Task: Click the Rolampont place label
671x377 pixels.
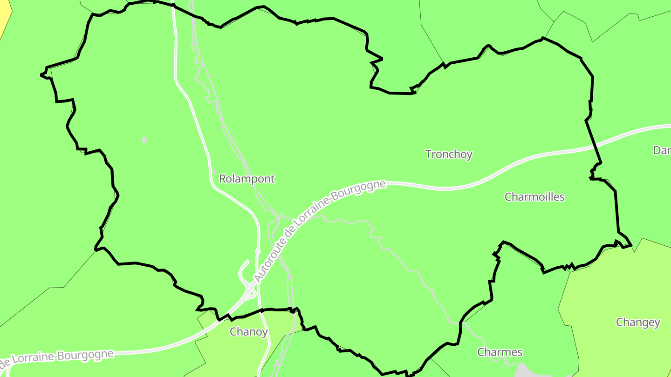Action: coord(247,179)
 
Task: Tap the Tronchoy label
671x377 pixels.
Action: coord(449,155)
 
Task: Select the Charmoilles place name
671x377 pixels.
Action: coord(534,197)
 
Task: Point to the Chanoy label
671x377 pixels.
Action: coord(249,332)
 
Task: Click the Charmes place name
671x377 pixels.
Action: coord(500,352)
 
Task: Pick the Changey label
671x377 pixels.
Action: coord(638,323)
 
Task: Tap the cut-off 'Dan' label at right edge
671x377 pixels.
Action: coord(662,150)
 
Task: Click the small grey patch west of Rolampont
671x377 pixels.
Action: coord(144,140)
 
